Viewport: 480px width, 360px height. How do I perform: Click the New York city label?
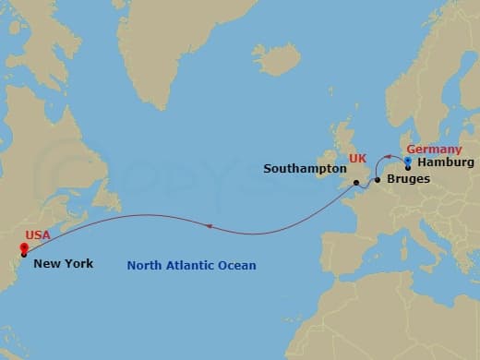pyautogui.click(x=63, y=263)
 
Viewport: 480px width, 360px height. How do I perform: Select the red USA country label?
pyautogui.click(x=39, y=236)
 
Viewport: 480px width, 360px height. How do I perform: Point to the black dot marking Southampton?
pyautogui.click(x=354, y=183)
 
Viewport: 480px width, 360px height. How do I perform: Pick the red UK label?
pyautogui.click(x=358, y=160)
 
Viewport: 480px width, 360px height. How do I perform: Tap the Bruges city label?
pyautogui.click(x=408, y=178)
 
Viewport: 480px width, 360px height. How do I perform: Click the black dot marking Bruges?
pyautogui.click(x=378, y=180)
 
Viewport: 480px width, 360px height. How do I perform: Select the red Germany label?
pyautogui.click(x=434, y=148)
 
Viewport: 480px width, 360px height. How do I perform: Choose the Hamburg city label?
pyautogui.click(x=446, y=162)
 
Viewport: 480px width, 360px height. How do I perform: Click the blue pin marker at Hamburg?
pyautogui.click(x=408, y=161)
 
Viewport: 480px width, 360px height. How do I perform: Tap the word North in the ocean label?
pyautogui.click(x=144, y=267)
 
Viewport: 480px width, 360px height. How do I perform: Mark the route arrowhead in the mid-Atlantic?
pyautogui.click(x=209, y=225)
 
